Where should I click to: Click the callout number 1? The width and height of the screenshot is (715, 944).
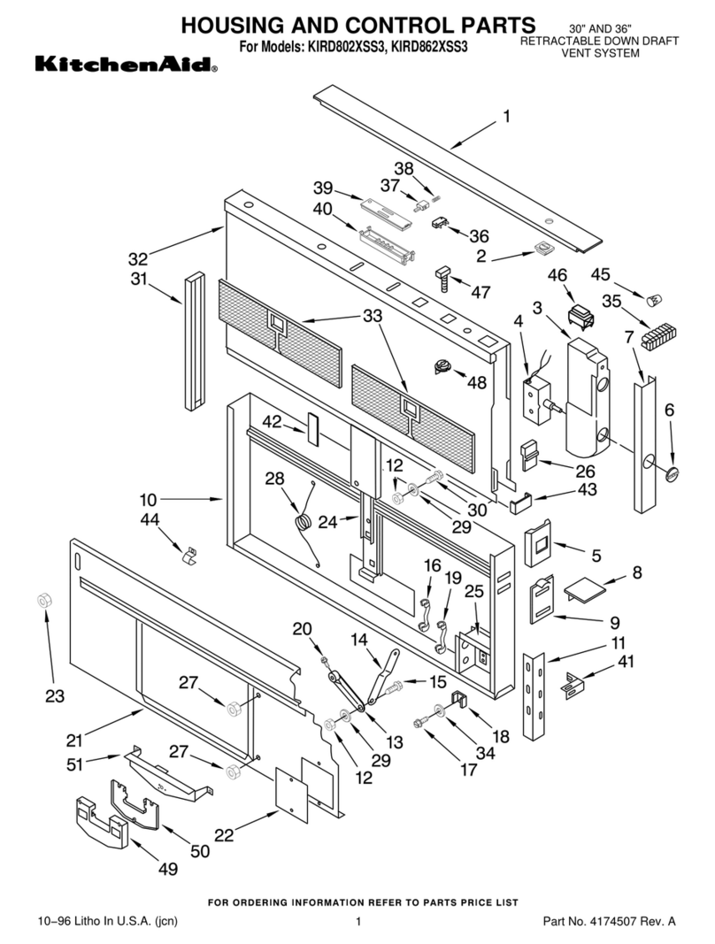point(507,116)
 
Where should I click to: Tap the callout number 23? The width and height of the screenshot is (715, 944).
point(55,696)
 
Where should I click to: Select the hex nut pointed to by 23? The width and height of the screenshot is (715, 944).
point(42,601)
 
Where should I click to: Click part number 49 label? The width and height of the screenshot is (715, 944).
point(167,869)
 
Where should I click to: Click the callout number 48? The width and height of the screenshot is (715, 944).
point(478,383)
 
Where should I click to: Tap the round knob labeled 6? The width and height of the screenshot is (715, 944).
point(673,474)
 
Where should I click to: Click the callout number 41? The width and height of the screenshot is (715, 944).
point(627,660)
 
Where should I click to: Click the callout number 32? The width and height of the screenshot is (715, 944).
point(138,259)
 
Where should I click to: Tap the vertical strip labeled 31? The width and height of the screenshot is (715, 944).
point(194,341)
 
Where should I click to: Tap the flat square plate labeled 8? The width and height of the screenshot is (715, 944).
point(583,585)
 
